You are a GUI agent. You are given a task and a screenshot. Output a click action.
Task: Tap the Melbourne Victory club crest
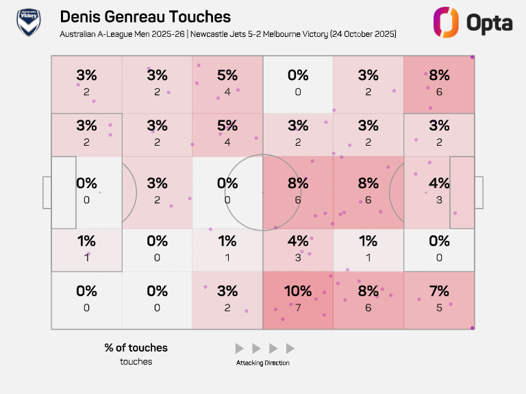[28, 23]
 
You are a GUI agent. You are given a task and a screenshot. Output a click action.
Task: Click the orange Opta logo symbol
[445, 22]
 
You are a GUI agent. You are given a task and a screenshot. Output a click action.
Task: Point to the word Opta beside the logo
[489, 23]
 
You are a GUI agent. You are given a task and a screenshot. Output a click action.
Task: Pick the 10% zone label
[298, 291]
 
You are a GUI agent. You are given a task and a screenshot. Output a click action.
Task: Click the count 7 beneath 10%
[298, 307]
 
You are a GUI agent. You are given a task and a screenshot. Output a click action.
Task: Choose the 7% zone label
[439, 291]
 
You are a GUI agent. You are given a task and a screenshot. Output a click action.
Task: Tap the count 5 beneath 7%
[439, 307]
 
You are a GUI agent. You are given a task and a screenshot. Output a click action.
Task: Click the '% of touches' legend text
[136, 347]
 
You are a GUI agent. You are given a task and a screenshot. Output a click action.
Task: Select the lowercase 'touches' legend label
[136, 361]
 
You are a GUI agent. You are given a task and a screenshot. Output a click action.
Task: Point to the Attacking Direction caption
[263, 363]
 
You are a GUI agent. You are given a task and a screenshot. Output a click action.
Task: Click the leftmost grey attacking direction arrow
[239, 348]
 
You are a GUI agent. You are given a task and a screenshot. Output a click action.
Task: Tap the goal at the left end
[47, 193]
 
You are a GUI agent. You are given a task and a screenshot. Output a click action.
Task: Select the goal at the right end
[479, 193]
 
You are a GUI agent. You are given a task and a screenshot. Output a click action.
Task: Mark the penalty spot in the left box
[100, 193]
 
